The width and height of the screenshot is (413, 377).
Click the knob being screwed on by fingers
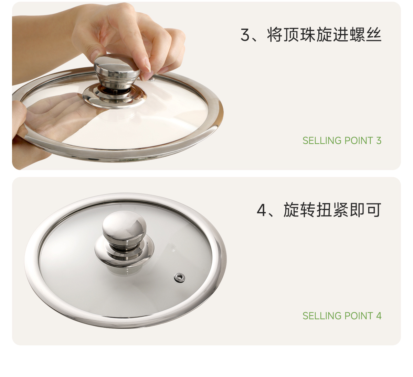pyautogui.click(x=117, y=72)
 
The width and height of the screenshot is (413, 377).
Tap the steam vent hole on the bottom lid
pyautogui.click(x=179, y=278)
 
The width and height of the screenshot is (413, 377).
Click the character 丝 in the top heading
pyautogui.click(x=374, y=35)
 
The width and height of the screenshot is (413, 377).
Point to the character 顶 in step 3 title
pyautogui.click(x=291, y=35)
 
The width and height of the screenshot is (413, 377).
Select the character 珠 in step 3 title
pyautogui.click(x=308, y=35)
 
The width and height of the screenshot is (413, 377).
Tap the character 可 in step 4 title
pyautogui.click(x=374, y=210)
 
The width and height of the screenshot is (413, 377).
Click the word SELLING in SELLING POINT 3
pyautogui.click(x=322, y=141)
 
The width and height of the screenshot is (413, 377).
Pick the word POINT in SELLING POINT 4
pyautogui.click(x=359, y=316)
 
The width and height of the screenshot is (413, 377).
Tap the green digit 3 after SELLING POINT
pyautogui.click(x=379, y=141)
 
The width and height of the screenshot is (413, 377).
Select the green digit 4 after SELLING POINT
pyautogui.click(x=379, y=316)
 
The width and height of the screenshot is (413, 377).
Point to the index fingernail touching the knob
pyautogui.click(x=147, y=65)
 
